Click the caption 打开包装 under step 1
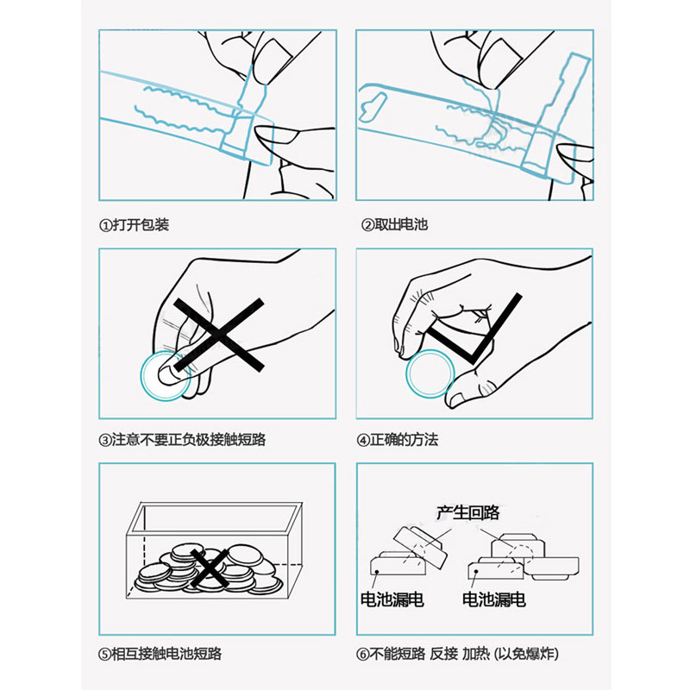(141, 225)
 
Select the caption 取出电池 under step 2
(402, 225)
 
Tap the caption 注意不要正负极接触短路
(189, 440)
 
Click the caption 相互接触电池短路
(167, 654)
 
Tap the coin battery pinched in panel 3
(165, 375)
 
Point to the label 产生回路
(468, 514)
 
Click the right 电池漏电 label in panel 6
(494, 599)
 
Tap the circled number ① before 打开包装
(105, 225)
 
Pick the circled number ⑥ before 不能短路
(367, 654)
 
